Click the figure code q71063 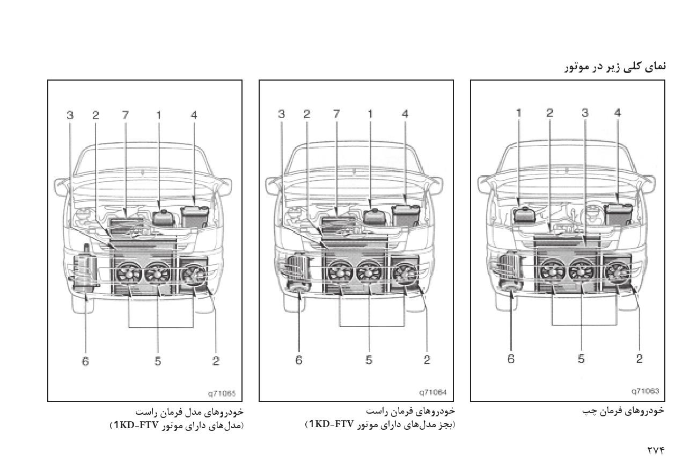point(645,391)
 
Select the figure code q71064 point(433,393)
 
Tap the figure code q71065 point(222,394)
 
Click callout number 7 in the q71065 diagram point(125,116)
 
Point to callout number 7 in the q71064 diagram point(336,114)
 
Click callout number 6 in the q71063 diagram point(511,359)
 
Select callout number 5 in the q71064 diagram point(369,360)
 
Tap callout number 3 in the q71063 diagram point(585,113)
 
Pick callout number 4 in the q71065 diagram point(194,116)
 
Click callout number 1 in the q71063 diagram point(518,113)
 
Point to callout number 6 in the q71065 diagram point(85,362)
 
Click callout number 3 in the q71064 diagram point(282,114)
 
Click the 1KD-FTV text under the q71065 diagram point(136,425)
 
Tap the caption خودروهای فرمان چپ point(623,411)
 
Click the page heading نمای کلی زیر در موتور point(615,68)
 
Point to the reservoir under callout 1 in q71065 point(163,218)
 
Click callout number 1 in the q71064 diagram point(370,114)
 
